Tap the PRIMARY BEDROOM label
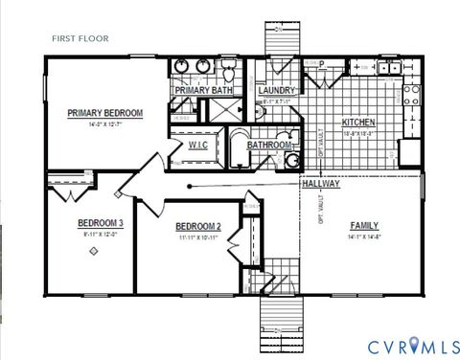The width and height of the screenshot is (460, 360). point(104,113)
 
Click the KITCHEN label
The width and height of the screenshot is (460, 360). point(358,123)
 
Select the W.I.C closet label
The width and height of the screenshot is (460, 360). point(197,145)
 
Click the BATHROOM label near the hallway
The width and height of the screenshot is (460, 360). point(269,146)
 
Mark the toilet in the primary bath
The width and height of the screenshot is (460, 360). point(228,73)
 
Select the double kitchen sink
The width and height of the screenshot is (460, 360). point(389,67)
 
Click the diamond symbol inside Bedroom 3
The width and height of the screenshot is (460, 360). point(93,251)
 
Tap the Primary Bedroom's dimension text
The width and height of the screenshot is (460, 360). point(104,123)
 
